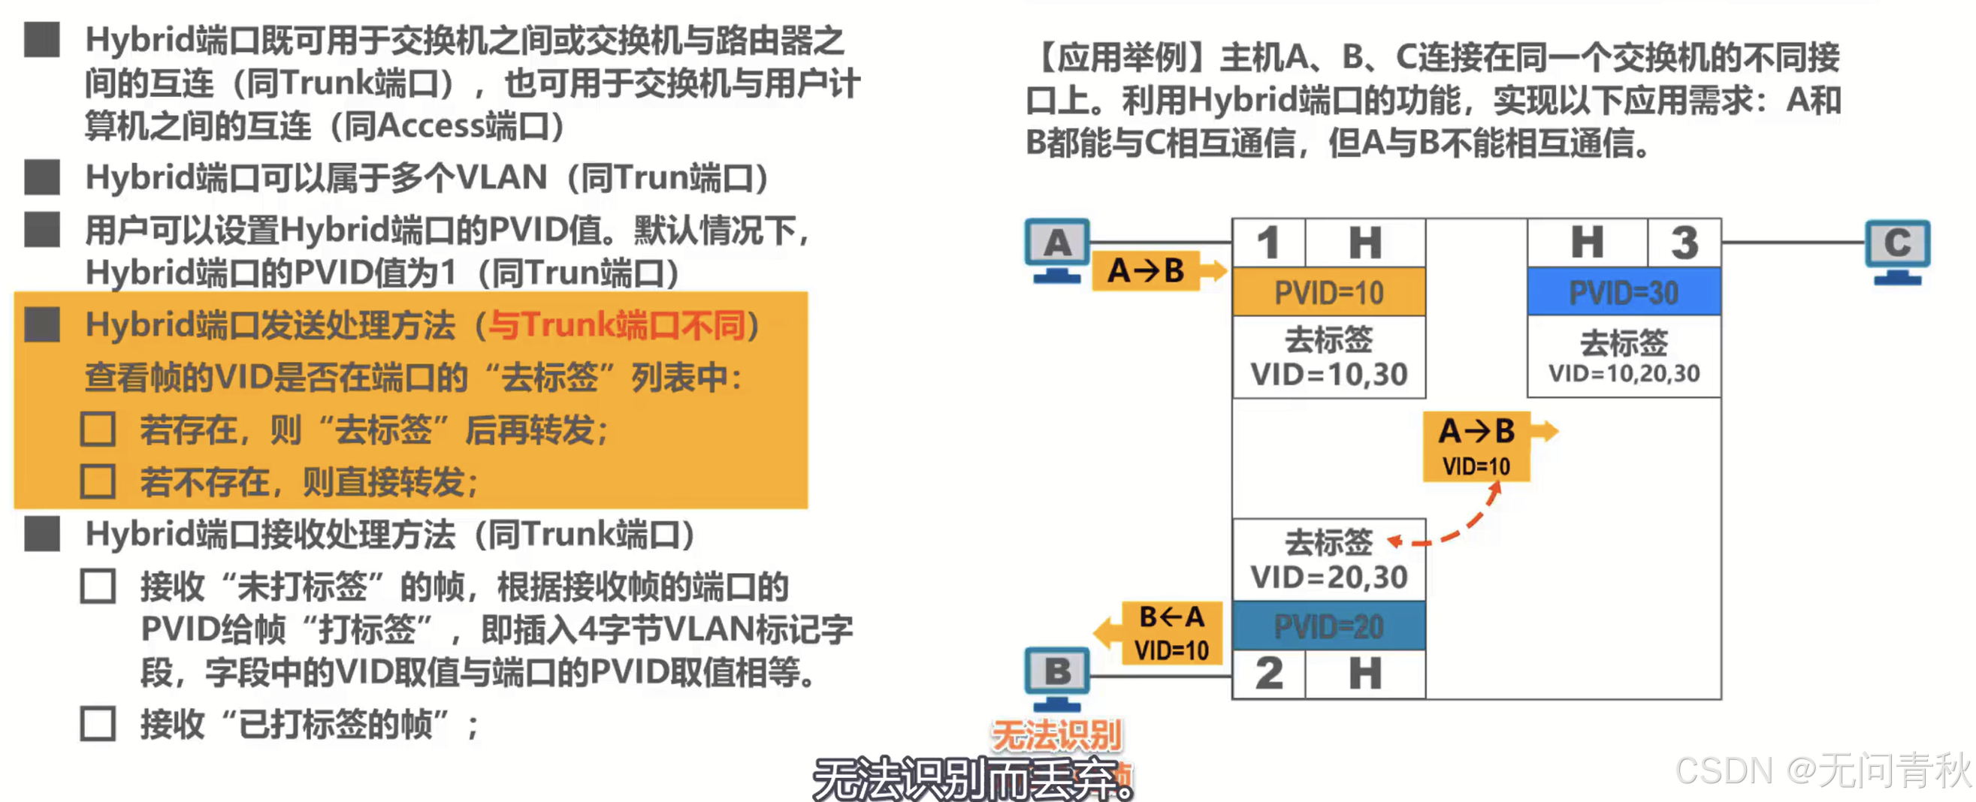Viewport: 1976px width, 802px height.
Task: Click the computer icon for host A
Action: (1057, 250)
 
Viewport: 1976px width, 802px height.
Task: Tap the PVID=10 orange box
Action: (1328, 292)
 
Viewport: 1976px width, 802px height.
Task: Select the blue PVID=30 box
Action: (1623, 292)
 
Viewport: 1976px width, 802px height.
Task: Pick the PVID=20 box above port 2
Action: (1328, 626)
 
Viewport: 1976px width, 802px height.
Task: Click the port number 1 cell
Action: (1268, 243)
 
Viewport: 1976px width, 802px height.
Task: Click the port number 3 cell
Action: (1684, 243)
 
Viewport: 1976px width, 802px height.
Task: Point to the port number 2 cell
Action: (1269, 674)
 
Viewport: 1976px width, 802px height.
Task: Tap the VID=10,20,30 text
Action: (1624, 373)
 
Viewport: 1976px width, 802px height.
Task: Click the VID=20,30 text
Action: (1328, 577)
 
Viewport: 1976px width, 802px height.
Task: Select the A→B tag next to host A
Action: (1146, 270)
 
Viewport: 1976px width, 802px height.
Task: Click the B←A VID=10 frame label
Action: (1171, 632)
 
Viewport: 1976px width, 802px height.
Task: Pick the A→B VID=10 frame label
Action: (1476, 446)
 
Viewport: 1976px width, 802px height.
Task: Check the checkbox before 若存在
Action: (98, 430)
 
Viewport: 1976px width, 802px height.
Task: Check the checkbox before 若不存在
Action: (98, 481)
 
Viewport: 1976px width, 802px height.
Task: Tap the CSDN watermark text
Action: (1821, 770)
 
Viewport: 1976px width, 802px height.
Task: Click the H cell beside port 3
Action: (1587, 243)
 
